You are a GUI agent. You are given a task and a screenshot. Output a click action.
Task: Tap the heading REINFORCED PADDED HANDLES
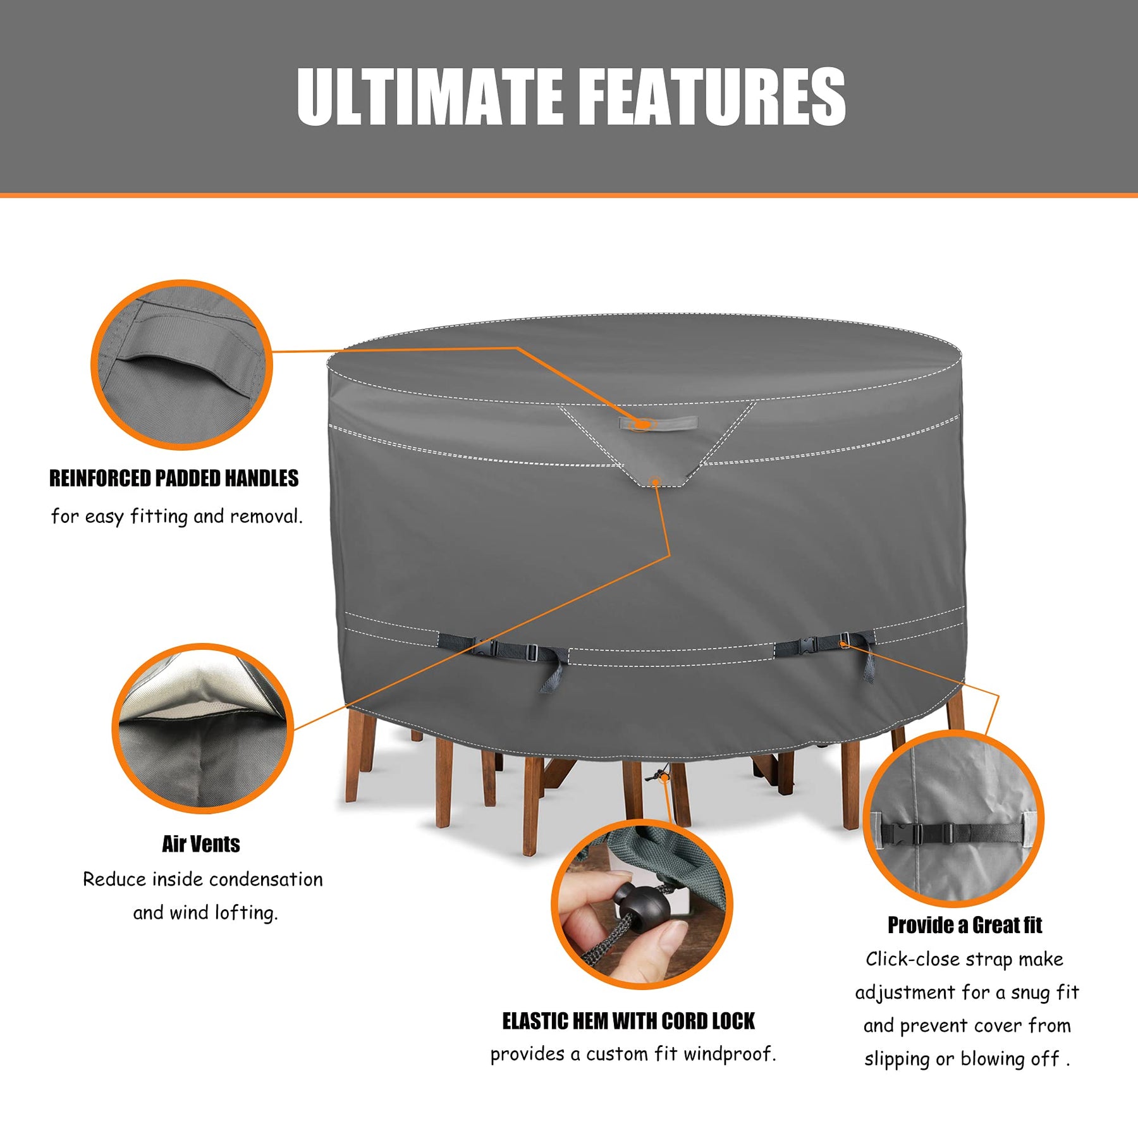174,479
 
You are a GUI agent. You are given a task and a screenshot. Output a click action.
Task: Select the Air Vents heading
201,844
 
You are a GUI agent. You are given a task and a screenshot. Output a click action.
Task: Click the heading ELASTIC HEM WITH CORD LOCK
628,1021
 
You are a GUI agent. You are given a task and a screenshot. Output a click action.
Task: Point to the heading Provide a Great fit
965,925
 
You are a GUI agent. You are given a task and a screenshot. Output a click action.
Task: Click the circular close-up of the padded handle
182,365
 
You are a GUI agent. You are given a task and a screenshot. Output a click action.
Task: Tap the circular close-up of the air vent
203,728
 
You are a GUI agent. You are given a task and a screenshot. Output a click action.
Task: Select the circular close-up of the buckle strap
954,819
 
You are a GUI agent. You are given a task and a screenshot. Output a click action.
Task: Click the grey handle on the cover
658,423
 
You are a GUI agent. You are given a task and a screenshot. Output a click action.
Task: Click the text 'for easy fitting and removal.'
177,517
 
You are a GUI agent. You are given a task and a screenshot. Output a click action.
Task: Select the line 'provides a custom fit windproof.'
633,1054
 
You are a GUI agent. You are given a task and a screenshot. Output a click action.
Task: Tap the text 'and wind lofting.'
205,913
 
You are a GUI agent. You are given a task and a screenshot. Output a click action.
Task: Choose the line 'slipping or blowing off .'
967,1059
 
